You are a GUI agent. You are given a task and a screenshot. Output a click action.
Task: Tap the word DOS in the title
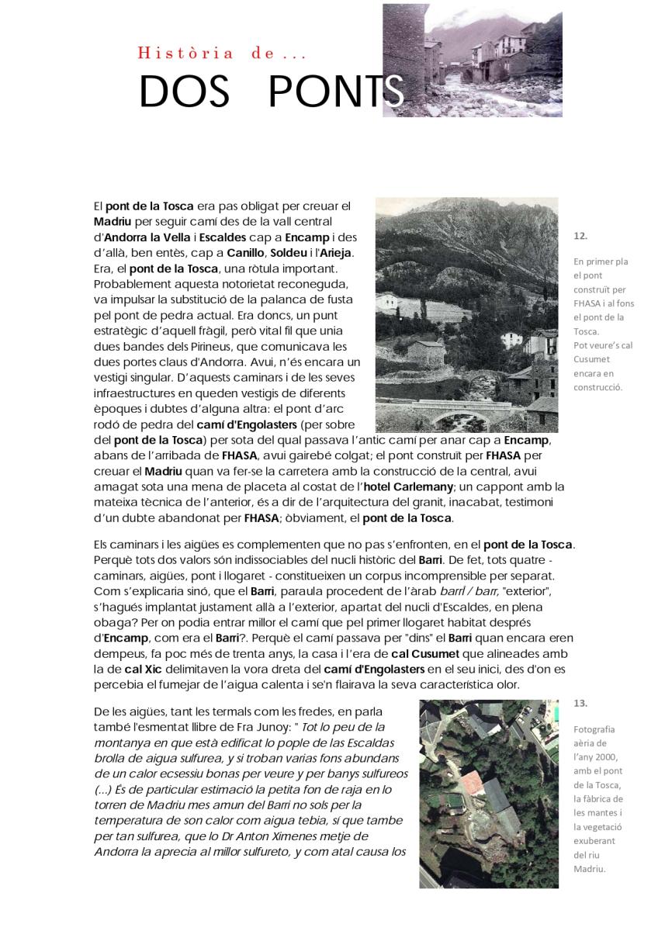click(184, 93)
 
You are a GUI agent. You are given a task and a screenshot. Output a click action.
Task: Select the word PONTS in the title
click(335, 93)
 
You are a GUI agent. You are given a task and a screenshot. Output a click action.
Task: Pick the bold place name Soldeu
click(289, 253)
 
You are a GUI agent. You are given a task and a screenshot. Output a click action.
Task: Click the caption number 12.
click(580, 235)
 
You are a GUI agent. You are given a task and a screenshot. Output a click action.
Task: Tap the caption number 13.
click(581, 703)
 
